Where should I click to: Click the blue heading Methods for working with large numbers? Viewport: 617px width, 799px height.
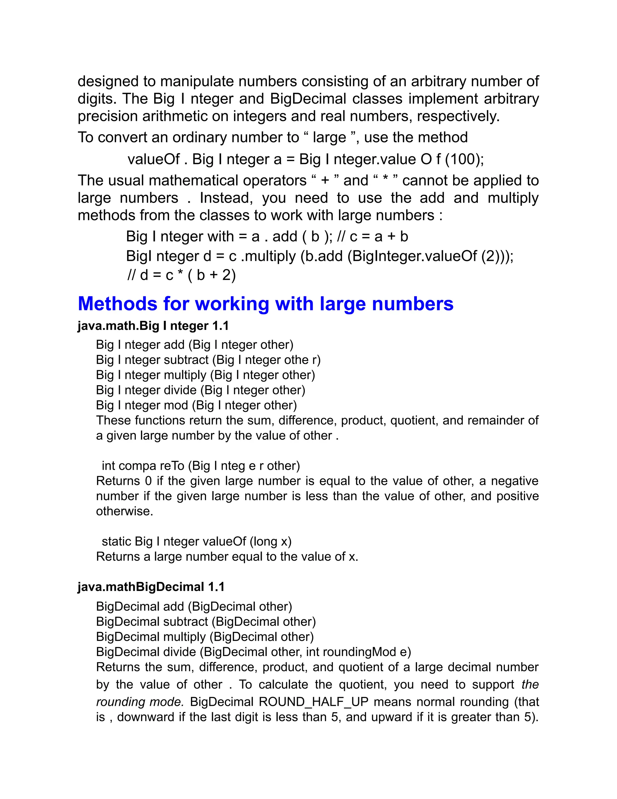pyautogui.click(x=265, y=304)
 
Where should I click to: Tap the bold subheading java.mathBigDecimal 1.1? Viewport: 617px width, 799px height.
pyautogui.click(x=151, y=587)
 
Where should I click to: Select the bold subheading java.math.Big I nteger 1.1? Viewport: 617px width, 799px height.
pyautogui.click(x=153, y=326)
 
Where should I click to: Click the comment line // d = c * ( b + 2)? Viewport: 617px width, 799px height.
pyautogui.click(x=181, y=275)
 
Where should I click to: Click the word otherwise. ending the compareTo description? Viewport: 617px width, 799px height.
pyautogui.click(x=124, y=511)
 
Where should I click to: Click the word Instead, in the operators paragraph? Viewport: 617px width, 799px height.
pyautogui.click(x=226, y=198)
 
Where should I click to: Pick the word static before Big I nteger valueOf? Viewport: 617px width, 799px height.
pyautogui.click(x=116, y=541)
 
